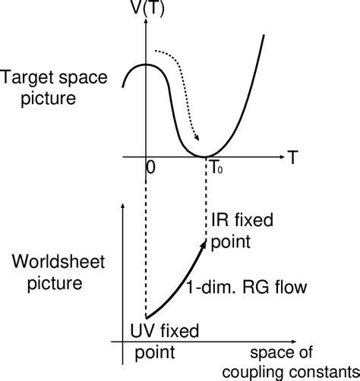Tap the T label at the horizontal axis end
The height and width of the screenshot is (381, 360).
(x=293, y=157)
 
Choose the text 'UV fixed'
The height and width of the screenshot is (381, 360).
(x=166, y=331)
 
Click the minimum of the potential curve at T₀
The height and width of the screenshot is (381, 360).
(x=206, y=156)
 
